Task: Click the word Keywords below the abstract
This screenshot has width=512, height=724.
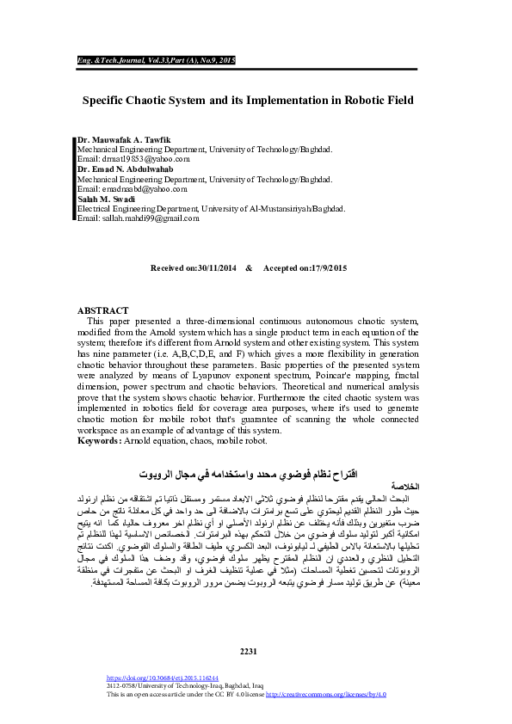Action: click(99, 440)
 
